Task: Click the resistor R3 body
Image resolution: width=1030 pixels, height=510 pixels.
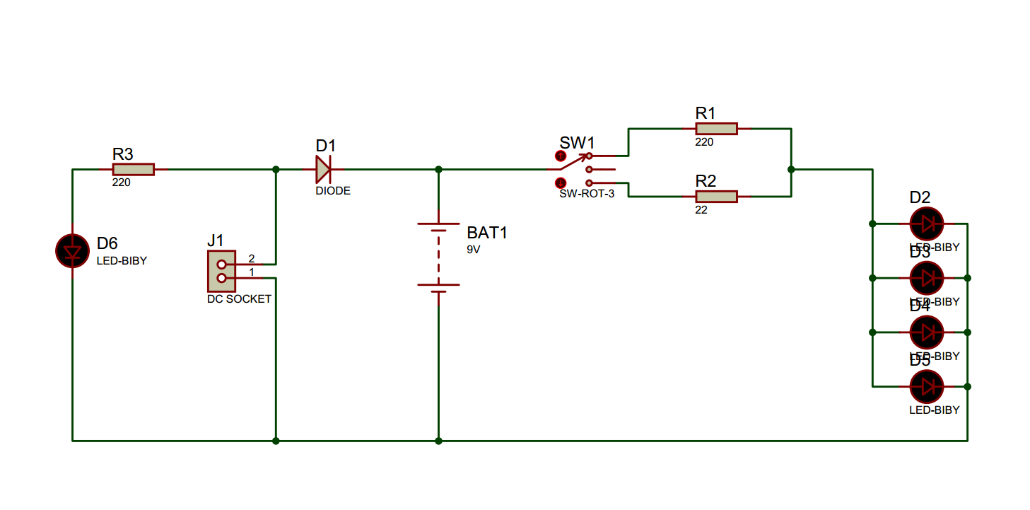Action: click(133, 170)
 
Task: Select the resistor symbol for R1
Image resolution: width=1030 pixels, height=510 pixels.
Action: click(716, 129)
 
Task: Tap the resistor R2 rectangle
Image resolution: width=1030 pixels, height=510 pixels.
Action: click(716, 197)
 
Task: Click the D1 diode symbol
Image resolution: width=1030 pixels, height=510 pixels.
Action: click(323, 170)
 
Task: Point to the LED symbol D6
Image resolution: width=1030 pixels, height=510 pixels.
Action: click(72, 251)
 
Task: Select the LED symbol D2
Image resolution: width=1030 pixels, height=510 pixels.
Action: click(927, 224)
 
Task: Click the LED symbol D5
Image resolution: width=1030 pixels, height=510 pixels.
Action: click(927, 387)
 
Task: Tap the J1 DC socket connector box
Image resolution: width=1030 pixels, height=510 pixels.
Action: click(221, 271)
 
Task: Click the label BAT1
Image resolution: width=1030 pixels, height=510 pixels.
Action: click(487, 233)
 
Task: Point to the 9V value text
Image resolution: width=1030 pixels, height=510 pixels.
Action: click(474, 250)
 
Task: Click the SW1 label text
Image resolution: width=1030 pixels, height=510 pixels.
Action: click(578, 143)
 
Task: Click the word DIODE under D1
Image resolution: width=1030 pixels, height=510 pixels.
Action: click(333, 191)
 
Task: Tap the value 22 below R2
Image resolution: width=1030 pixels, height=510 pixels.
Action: click(701, 210)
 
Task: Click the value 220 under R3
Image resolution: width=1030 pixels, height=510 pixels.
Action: click(121, 182)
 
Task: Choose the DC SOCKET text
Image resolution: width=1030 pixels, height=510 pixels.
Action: click(239, 299)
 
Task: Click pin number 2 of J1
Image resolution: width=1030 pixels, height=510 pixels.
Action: click(251, 258)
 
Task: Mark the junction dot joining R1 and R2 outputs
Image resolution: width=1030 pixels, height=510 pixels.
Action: click(791, 170)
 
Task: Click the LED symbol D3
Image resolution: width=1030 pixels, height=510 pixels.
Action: click(927, 278)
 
